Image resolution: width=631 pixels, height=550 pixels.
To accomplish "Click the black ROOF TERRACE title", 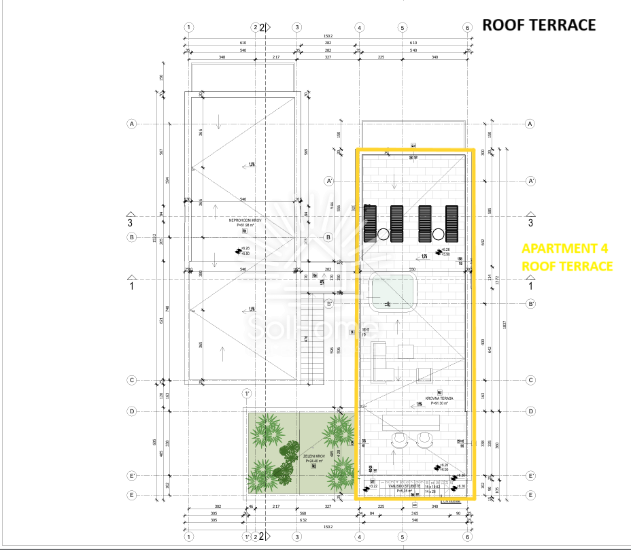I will (x=539, y=25).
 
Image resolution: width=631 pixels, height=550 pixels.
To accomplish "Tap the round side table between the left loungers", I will (x=383, y=235).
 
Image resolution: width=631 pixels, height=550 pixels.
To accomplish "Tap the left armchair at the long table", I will (x=398, y=441).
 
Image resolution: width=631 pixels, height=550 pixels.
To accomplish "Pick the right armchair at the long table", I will (x=426, y=441).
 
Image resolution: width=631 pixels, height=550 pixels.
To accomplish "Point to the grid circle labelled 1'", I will (x=248, y=394).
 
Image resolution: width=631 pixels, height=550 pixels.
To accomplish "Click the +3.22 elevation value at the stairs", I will (x=373, y=486).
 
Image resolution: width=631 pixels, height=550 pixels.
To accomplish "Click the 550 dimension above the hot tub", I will (x=411, y=270).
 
